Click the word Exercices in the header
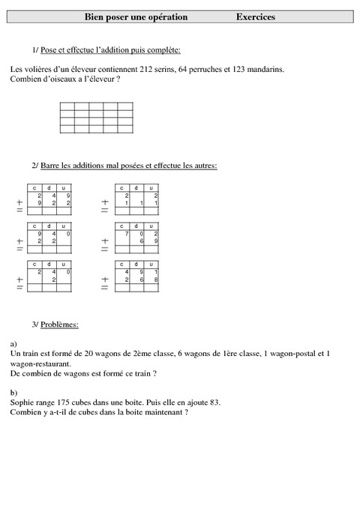tap(255, 16)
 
